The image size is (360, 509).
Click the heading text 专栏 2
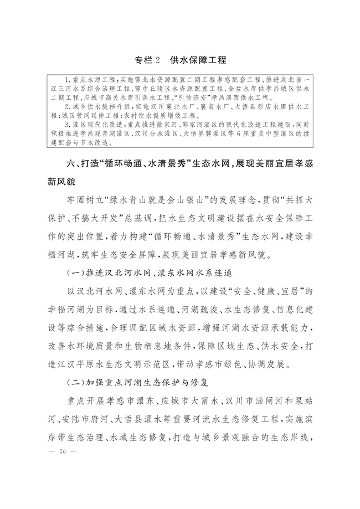tap(148, 59)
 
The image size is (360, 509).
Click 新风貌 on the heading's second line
tap(63, 182)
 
